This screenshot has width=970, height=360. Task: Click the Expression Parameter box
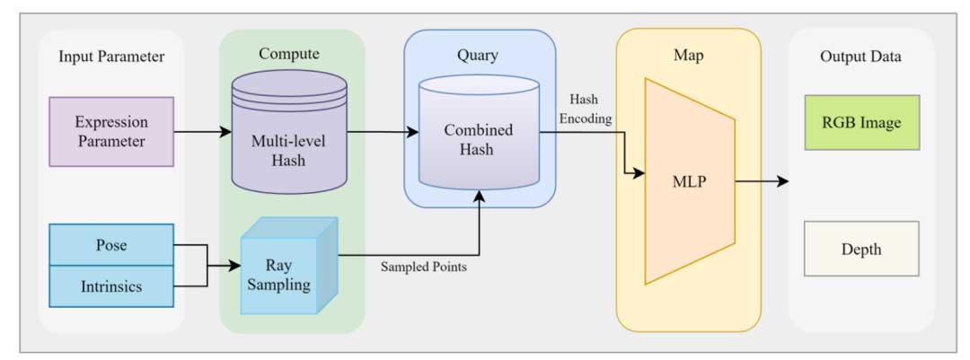coord(111,132)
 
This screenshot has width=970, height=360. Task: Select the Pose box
coord(111,244)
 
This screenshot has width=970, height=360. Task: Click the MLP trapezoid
coord(690,182)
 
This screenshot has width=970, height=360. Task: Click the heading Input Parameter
coord(111,57)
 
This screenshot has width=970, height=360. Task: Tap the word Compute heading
coord(289,54)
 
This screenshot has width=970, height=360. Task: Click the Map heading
coord(688,55)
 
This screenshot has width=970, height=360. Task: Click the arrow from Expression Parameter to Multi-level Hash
coord(202,132)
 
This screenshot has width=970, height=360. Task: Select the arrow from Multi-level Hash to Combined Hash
coord(382,132)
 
